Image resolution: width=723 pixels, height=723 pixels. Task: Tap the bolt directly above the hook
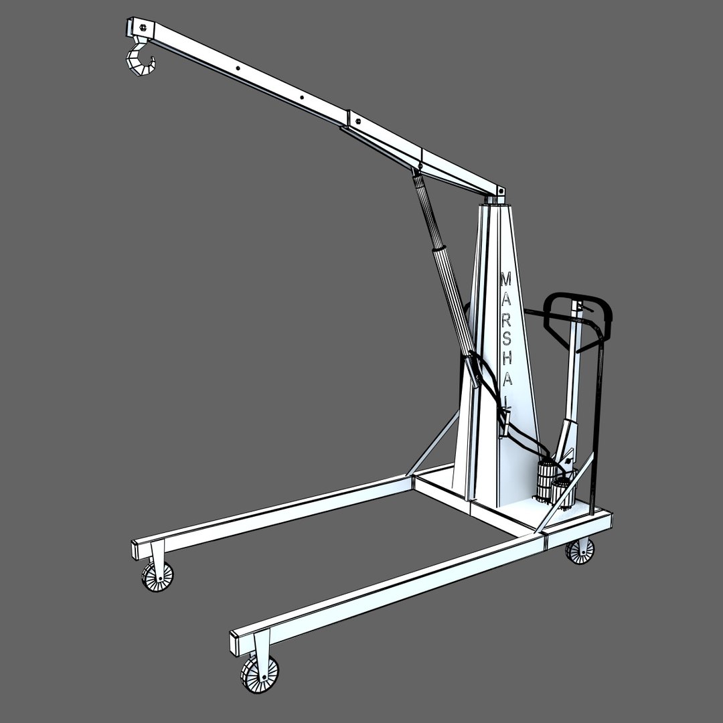(141, 27)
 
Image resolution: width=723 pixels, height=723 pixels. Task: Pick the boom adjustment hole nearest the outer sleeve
(302, 98)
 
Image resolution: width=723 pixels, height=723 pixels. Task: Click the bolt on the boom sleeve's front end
(358, 121)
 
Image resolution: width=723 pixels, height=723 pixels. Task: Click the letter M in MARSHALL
(506, 278)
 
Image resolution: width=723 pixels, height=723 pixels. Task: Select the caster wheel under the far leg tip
(157, 575)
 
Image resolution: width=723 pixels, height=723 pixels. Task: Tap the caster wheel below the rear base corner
(580, 550)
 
